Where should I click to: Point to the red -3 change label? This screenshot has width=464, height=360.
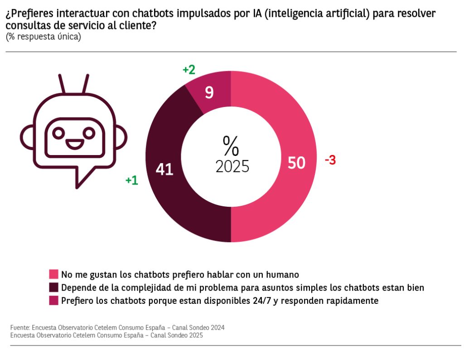330,160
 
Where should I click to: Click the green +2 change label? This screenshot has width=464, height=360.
188,70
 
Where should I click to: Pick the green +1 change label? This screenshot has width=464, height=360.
132,180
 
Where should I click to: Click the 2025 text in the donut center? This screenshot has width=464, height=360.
232,166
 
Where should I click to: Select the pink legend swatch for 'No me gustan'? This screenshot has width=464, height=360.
54,274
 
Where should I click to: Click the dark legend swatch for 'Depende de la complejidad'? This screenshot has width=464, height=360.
54,287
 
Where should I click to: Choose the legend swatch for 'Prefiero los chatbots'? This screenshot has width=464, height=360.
54,301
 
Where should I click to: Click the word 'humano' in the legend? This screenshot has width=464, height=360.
284,274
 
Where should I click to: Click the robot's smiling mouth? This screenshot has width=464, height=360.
74,144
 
